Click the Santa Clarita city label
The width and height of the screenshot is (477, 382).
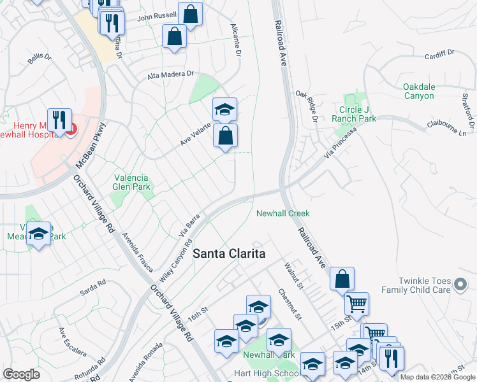pos(229,253)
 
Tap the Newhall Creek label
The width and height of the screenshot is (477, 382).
pos(283,213)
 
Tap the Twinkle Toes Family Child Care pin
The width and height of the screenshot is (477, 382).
pos(460,289)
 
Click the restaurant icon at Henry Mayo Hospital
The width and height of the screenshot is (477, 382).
pos(59,120)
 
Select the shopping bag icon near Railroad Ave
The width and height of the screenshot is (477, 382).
pos(342,279)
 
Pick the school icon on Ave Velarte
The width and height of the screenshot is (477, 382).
pos(224,110)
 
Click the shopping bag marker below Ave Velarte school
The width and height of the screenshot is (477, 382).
pos(224,136)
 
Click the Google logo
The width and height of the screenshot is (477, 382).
pos(21,374)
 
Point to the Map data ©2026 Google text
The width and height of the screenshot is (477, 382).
pos(437,377)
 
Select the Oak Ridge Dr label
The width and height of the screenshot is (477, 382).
pos(305,105)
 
